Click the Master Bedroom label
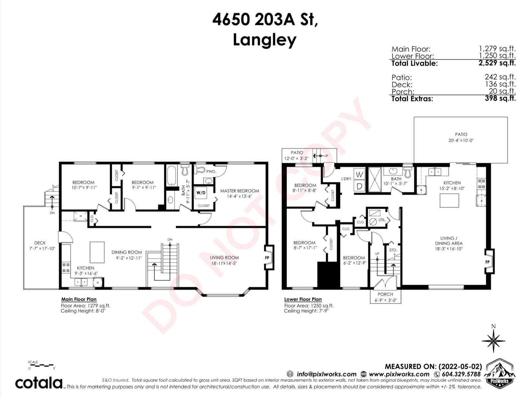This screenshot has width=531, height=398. click(239, 191)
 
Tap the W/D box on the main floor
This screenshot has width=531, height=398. click(201, 193)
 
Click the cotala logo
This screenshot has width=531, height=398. click(39, 383)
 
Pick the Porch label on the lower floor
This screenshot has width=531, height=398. click(385, 294)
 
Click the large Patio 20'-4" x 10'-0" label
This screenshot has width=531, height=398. click(461, 137)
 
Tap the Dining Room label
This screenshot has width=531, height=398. click(126, 252)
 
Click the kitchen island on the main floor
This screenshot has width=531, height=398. click(97, 252)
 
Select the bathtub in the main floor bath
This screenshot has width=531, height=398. click(172, 176)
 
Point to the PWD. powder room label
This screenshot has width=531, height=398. click(211, 171)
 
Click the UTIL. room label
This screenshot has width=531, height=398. click(382, 220)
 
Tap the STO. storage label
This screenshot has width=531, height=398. click(393, 250)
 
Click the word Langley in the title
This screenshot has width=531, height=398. click(265, 40)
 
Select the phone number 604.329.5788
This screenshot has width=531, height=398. click(461, 374)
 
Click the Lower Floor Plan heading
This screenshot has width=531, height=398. click(303, 299)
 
